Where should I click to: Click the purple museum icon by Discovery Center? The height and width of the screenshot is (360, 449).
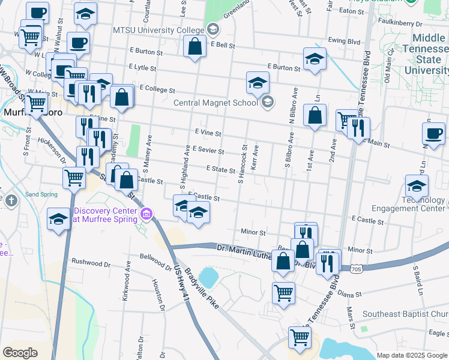pos(146,214)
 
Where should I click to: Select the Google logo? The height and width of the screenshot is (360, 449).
pos(20,353)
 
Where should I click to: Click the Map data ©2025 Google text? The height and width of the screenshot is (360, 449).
pos(412,355)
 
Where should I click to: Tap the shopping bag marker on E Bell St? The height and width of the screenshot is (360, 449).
pos(195,46)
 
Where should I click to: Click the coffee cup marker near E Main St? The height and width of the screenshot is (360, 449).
pos(433,134)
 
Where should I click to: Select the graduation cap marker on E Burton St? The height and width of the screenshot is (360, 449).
pos(314,59)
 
